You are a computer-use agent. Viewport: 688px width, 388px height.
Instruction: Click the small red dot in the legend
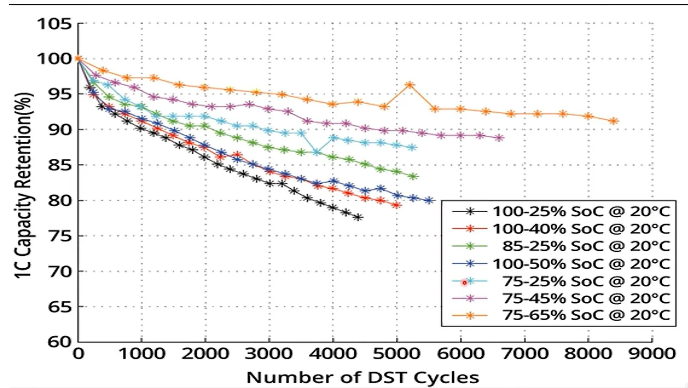[464, 282]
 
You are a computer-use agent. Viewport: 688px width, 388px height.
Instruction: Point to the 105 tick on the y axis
[54, 24]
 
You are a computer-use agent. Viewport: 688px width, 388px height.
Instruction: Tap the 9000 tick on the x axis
[652, 354]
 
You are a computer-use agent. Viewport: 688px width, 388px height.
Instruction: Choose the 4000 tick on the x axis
[333, 354]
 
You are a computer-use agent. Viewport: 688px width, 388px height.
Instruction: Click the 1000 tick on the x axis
[142, 354]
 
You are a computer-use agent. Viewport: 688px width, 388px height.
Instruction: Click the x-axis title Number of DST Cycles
[363, 377]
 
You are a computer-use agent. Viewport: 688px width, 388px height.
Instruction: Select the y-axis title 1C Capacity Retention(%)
[24, 185]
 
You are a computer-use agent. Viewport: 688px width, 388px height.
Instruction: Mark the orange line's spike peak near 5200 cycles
[409, 85]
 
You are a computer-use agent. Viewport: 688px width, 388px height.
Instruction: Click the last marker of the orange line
[614, 121]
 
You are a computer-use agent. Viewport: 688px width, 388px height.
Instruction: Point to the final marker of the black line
[358, 218]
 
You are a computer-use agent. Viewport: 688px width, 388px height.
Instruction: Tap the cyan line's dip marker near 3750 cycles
[317, 153]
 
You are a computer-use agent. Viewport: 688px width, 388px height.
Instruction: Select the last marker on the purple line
[499, 138]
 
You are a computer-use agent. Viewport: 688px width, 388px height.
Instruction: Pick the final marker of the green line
[413, 177]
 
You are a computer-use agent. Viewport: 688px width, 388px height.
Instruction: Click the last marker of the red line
[397, 205]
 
